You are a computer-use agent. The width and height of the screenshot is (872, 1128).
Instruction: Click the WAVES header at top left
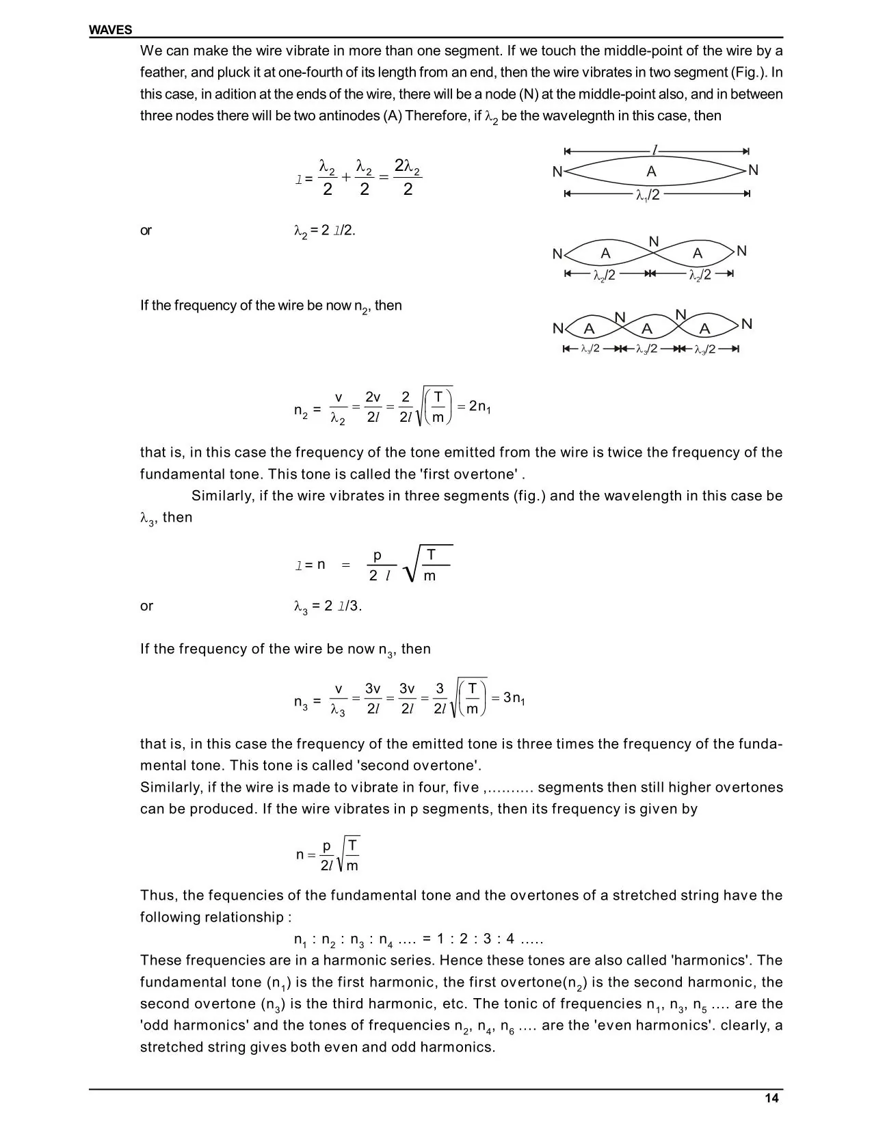pos(110,30)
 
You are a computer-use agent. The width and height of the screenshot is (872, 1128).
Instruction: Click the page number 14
pos(771,1099)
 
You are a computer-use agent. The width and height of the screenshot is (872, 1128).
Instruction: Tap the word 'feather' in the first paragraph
pos(161,72)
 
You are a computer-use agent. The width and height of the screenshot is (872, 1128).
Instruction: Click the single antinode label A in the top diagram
pos(651,171)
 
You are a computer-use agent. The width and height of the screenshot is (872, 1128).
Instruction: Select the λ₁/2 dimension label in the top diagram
pos(648,195)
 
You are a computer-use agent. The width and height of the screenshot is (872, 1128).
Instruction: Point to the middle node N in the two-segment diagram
pos(653,241)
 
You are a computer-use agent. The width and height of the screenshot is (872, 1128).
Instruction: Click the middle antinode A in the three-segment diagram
pos(647,329)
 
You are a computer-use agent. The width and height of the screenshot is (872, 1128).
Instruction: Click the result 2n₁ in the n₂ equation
pos(480,407)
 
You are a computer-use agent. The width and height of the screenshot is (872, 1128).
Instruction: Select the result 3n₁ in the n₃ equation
pos(514,698)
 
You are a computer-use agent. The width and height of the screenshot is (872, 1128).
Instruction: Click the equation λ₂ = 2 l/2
pos(324,231)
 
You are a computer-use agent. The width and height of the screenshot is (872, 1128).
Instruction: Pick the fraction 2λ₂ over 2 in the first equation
pos(408,178)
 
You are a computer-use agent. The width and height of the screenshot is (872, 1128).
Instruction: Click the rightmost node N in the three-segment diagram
pos(746,323)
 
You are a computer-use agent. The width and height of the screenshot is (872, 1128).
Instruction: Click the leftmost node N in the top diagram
pos(557,172)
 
